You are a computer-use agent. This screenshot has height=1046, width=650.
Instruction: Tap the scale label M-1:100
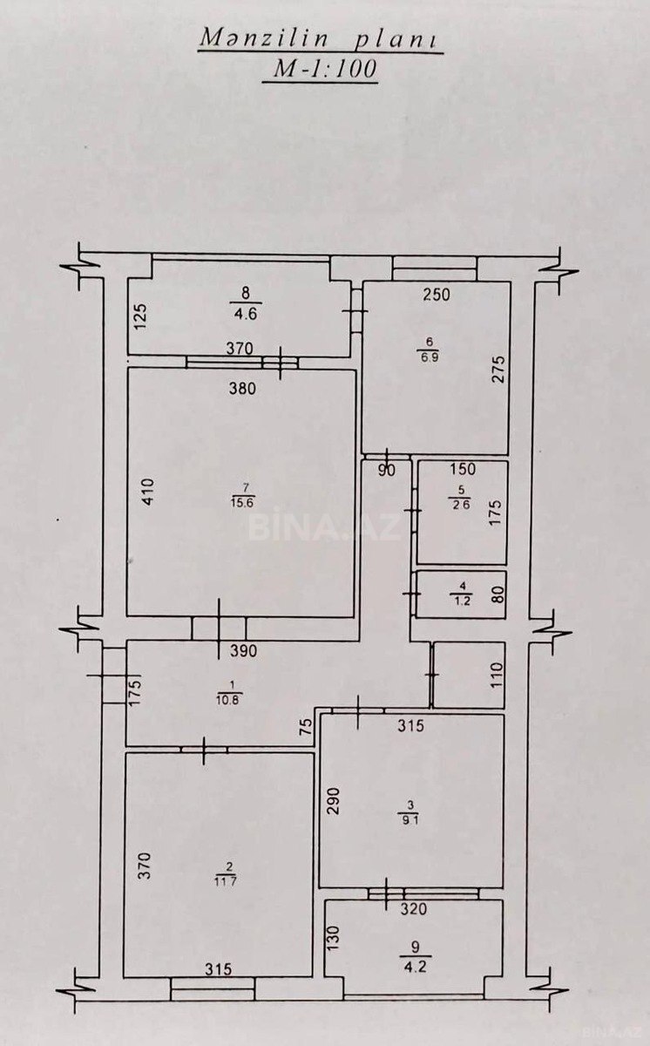click(321, 71)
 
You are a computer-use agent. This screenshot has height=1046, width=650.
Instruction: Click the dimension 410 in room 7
click(146, 493)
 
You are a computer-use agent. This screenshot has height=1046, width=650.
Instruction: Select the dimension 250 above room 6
click(436, 295)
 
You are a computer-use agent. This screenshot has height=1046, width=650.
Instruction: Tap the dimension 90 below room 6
click(387, 472)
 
